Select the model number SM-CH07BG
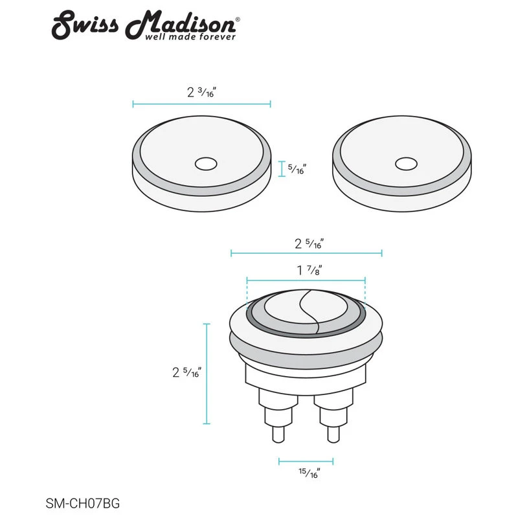(x=83, y=502)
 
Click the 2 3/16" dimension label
(x=201, y=92)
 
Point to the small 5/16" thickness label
(x=296, y=170)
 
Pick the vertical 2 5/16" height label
(x=186, y=372)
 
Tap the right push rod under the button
(x=333, y=424)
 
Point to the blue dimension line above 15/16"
(x=306, y=462)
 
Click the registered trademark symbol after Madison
(x=238, y=20)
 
